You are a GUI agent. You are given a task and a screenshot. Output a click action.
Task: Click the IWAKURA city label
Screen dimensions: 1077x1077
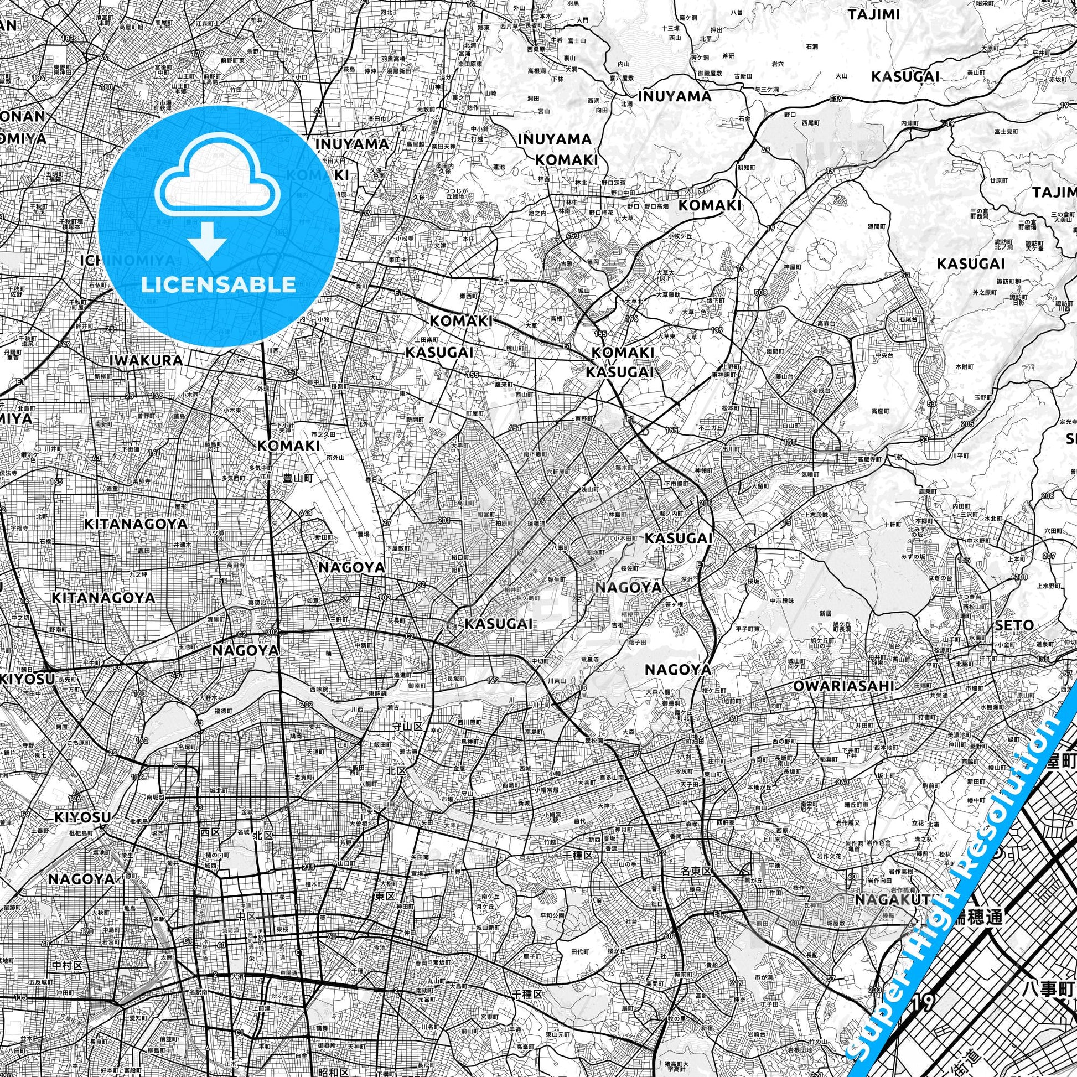(x=147, y=361)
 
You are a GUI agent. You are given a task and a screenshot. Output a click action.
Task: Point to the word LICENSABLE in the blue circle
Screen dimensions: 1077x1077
(x=218, y=284)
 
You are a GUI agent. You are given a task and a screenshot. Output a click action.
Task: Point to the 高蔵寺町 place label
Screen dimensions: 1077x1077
(x=870, y=459)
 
